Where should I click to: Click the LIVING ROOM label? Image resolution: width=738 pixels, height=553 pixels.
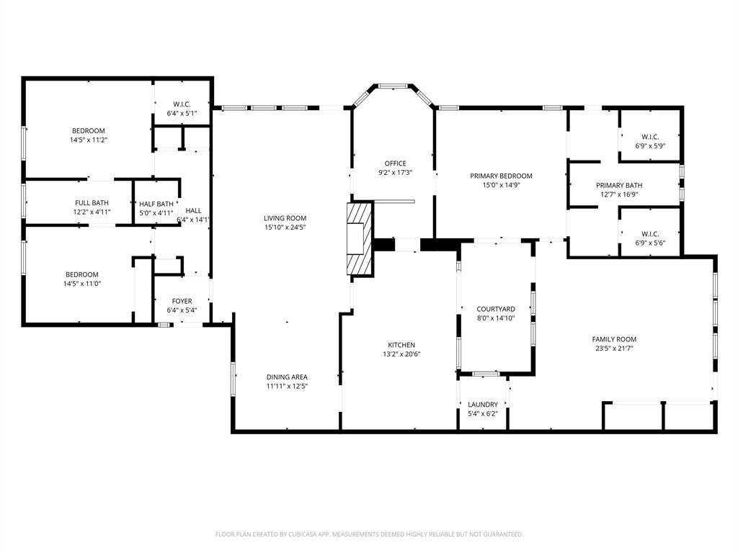point(285,218)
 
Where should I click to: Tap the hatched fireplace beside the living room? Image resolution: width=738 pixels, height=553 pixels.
point(360,238)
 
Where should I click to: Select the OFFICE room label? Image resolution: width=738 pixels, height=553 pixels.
point(396,163)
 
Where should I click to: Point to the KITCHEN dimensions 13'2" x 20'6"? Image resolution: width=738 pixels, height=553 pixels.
point(401,354)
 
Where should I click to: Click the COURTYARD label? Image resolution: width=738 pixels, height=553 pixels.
point(496,309)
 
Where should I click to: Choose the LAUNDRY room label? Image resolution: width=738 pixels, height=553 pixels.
point(482,405)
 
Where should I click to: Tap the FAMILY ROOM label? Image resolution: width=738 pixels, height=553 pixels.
point(614,339)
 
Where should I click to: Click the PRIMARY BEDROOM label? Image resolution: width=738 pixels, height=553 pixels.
point(502,176)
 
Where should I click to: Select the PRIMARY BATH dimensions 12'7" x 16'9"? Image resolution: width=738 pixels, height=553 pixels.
point(619,194)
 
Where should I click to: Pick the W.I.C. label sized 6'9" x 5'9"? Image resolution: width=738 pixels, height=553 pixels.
point(650,137)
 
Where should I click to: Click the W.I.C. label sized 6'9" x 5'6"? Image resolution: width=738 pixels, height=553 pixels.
point(650,234)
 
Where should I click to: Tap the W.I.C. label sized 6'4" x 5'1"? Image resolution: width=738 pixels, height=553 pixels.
point(182,104)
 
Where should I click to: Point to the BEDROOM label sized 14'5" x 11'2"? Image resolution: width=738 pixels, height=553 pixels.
point(89,131)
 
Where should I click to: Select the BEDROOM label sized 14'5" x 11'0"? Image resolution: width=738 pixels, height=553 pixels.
point(82,274)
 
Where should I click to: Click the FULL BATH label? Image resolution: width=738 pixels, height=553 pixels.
point(92,202)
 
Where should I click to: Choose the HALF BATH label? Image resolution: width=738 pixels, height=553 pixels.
point(156,204)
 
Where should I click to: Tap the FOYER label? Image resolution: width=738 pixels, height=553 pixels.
point(182,301)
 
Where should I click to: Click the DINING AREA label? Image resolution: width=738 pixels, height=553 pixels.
point(287,377)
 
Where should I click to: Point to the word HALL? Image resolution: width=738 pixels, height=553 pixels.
point(193,211)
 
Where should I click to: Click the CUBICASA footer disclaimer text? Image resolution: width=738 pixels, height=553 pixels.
point(370,534)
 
